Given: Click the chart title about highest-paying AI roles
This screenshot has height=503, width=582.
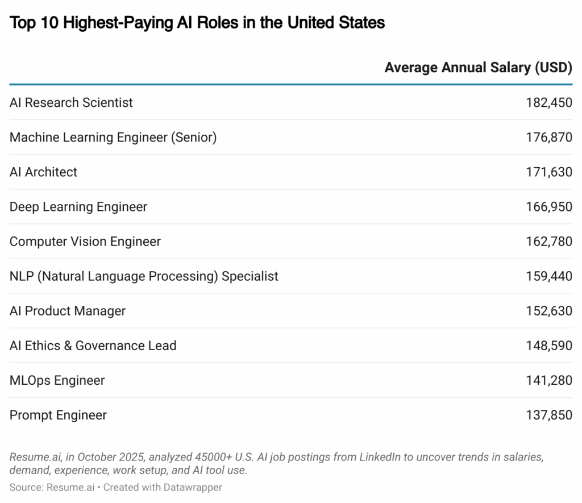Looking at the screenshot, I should point(197,23).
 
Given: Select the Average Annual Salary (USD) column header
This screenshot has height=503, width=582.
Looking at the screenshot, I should point(478,68).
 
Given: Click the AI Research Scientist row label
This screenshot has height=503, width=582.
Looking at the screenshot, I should point(71,103).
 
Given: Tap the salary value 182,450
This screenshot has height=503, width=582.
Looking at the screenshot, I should point(549,103).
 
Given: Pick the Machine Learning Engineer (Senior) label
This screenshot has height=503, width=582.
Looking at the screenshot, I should point(113,138).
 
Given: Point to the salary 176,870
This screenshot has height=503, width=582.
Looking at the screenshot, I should point(549,138).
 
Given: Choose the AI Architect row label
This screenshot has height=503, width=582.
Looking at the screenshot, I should point(43,172).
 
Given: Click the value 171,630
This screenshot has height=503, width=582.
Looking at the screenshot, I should point(549,172).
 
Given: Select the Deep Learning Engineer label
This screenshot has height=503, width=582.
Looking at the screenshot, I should point(78,207).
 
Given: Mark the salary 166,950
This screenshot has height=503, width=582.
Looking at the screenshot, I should point(549,207).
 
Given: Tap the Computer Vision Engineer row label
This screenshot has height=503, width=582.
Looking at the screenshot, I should point(85,242).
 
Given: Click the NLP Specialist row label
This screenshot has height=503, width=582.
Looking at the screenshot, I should point(144,276).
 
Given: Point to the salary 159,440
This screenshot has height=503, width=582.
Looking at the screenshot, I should point(549,276).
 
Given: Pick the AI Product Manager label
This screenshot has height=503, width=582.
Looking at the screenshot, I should point(68,311).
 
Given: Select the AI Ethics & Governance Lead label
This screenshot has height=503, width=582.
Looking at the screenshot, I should point(93,346).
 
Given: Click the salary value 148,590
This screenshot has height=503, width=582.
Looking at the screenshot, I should point(549,346).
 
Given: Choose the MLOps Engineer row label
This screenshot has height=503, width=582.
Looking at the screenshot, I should point(57,380).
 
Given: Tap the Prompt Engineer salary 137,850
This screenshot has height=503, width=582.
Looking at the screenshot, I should point(549,415).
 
